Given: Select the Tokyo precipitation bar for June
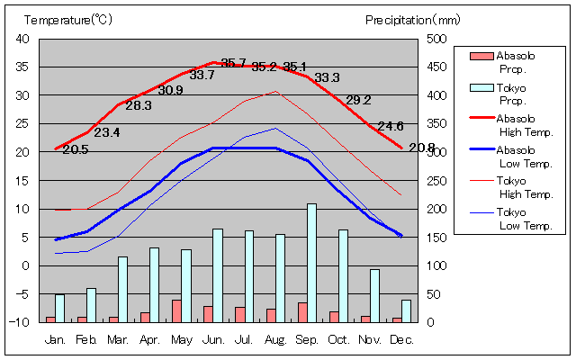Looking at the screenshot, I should click(217, 275).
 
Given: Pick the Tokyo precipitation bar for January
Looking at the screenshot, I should click(59, 308).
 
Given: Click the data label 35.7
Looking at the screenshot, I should click(233, 63).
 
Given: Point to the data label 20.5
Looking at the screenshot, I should click(76, 149).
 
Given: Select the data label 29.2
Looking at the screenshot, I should click(358, 100).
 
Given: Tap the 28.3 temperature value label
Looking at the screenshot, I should click(139, 105).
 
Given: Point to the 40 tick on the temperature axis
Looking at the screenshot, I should click(22, 39).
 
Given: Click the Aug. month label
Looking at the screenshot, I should click(274, 339).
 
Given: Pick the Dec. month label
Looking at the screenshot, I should click(401, 339).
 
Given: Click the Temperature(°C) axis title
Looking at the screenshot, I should click(68, 19).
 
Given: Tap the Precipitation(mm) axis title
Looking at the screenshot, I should click(412, 19).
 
